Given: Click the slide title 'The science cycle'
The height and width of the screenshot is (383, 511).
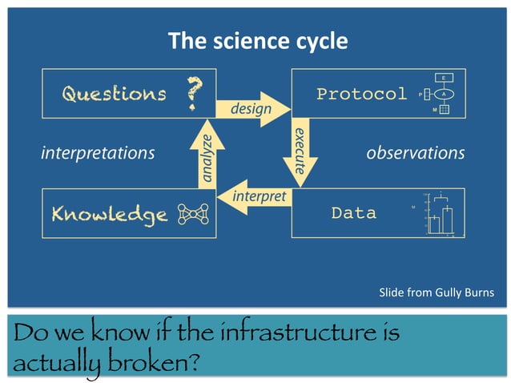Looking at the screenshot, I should pyautogui.click(x=257, y=41).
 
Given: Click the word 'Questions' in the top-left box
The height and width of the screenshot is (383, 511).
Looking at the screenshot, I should pyautogui.click(x=114, y=94).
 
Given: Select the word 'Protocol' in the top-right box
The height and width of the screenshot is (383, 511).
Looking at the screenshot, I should pyautogui.click(x=361, y=94).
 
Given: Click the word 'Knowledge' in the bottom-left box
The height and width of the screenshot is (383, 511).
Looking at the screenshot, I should pyautogui.click(x=109, y=214).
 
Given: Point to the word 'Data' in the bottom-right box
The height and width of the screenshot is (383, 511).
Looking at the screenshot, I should pyautogui.click(x=353, y=213).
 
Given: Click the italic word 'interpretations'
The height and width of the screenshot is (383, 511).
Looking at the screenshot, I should pyautogui.click(x=97, y=152).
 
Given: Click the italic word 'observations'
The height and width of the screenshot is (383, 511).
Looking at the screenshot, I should pyautogui.click(x=415, y=152).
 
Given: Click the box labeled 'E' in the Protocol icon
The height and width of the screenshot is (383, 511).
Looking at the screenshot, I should pyautogui.click(x=443, y=78).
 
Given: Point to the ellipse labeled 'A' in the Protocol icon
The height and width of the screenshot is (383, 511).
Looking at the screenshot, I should pyautogui.click(x=443, y=94).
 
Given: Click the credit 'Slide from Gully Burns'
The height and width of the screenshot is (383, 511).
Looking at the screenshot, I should pyautogui.click(x=436, y=293).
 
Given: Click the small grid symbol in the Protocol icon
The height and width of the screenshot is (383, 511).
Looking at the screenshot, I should pyautogui.click(x=443, y=110).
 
